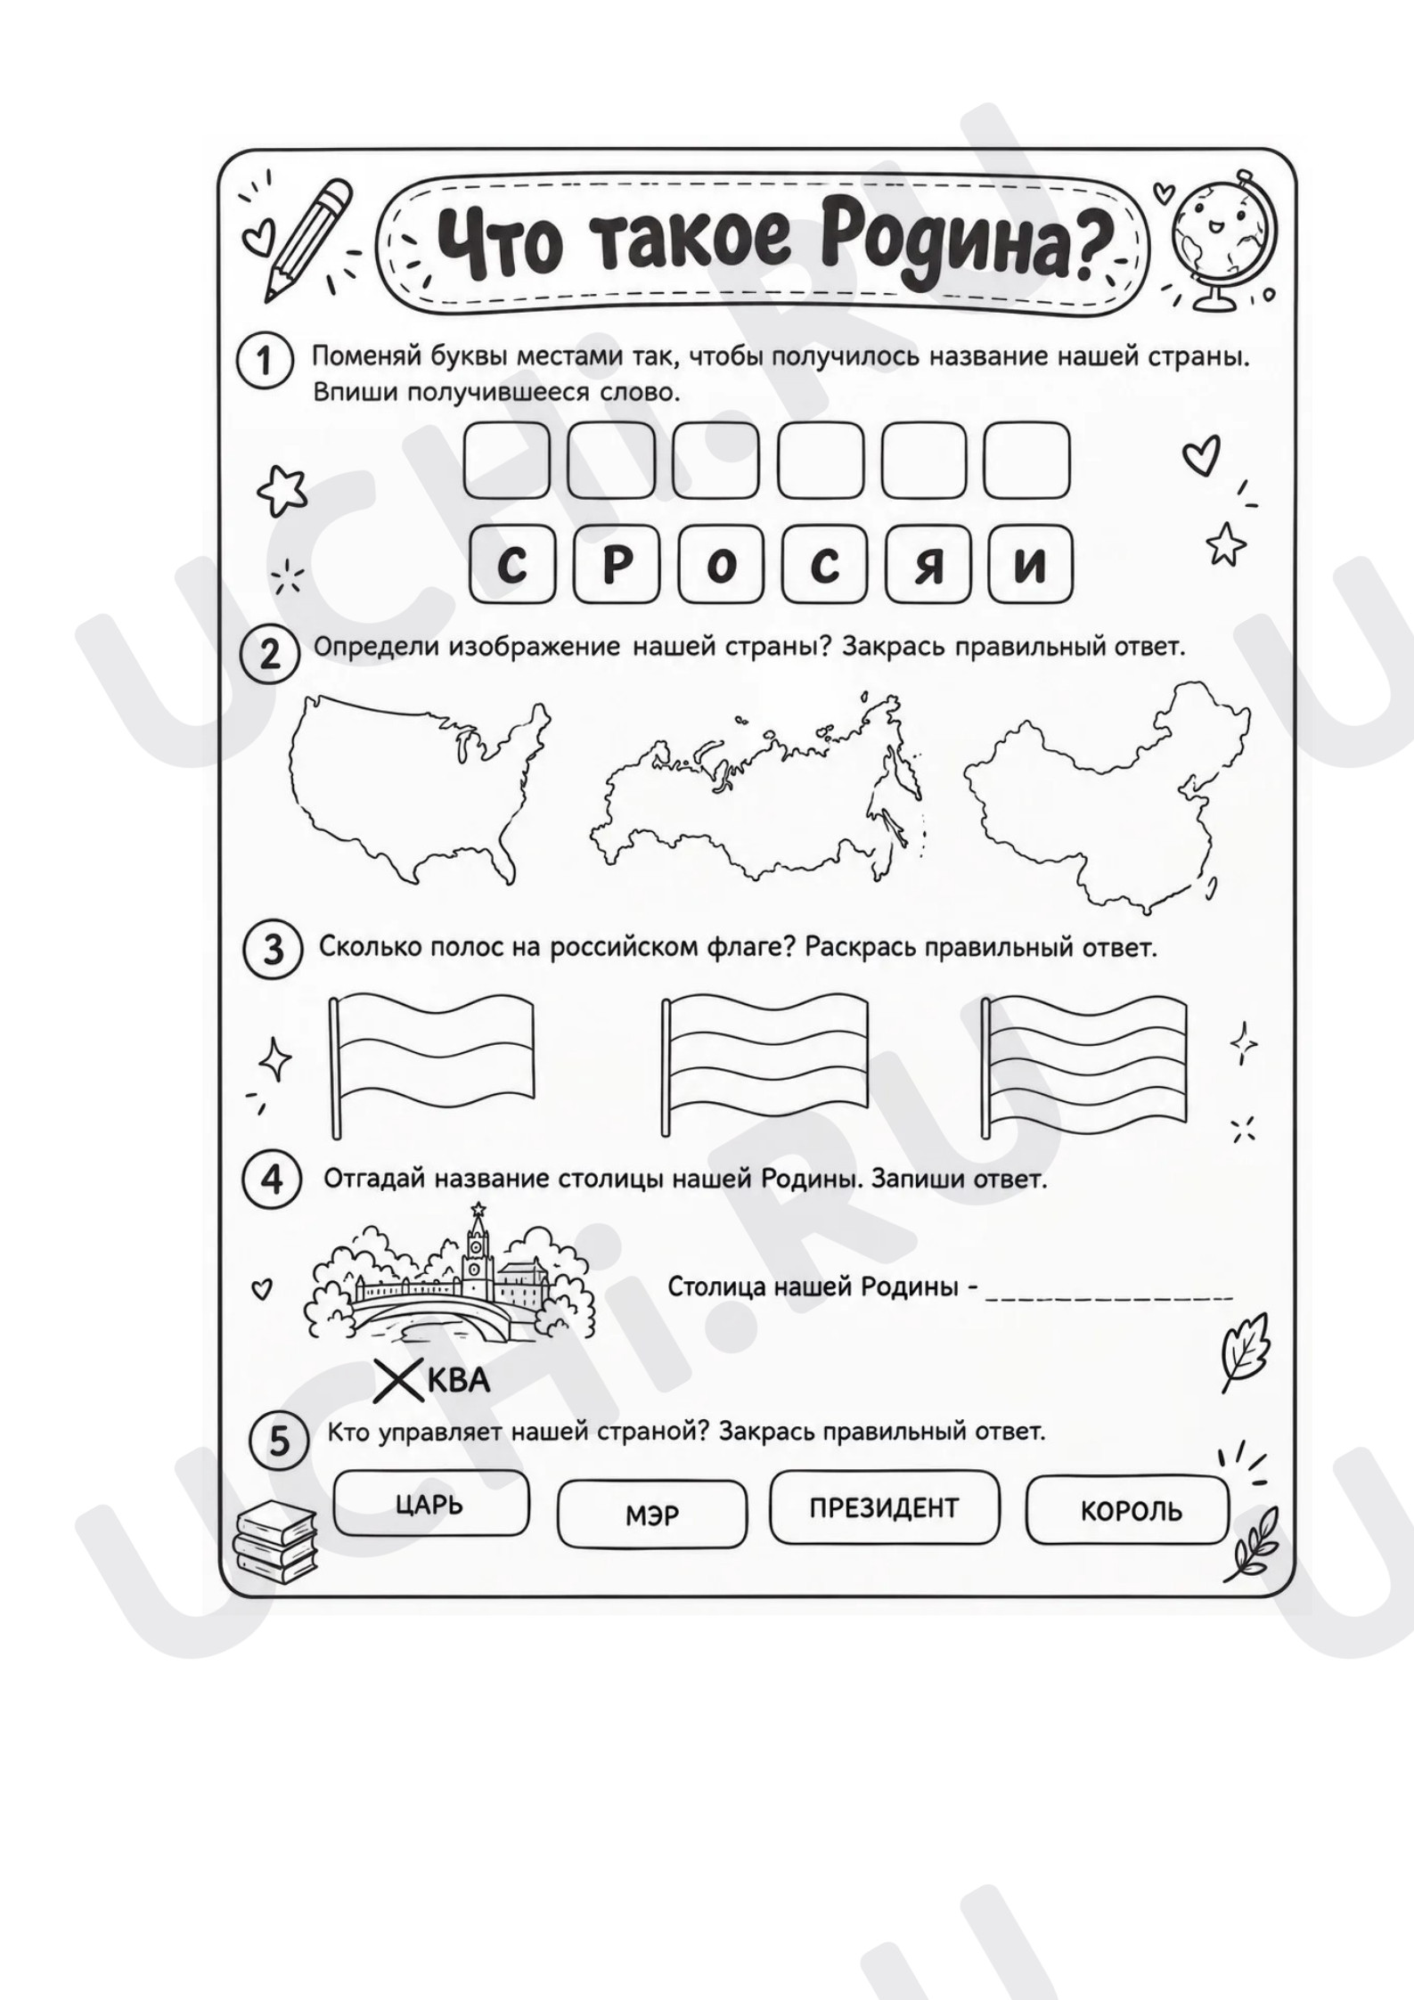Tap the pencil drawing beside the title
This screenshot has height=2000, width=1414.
pos(307,239)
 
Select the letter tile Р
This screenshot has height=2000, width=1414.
pos(616,564)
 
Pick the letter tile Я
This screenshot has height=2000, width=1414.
pos(928,564)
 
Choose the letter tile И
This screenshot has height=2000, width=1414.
pos(1030,564)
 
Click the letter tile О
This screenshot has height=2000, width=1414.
pos(720,564)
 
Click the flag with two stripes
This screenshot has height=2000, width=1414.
pos(432,1065)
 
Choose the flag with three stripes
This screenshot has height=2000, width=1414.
pos(765,1065)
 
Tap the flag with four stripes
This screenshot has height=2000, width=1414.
pos(1084,1065)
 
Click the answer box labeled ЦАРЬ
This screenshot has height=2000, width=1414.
pos(431,1505)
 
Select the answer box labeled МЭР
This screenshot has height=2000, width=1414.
pos(652,1514)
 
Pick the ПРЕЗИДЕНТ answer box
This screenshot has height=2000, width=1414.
pos(885,1507)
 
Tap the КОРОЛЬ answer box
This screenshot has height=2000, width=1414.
pos(1129,1511)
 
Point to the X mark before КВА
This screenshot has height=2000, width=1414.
pos(398,1380)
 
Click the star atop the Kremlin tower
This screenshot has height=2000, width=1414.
pos(478,1209)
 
